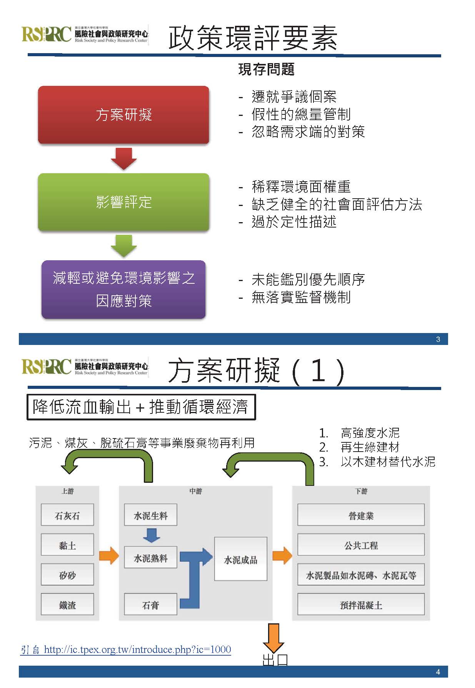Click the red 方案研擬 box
tap(123, 115)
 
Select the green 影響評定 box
tap(123, 202)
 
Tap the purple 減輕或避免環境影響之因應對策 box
tap(123, 290)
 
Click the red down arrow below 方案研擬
tap(123, 158)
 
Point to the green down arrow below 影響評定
tap(123, 245)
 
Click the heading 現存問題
tap(266, 69)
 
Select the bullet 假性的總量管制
tap(301, 114)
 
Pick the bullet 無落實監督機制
tap(301, 297)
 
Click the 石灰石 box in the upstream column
tap(67, 515)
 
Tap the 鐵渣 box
tap(67, 604)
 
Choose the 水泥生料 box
tap(150, 515)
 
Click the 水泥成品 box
tap(240, 559)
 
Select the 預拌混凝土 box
tap(361, 604)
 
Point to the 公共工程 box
tap(361, 545)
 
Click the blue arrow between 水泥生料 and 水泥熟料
tap(151, 535)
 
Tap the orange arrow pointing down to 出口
tap(273, 638)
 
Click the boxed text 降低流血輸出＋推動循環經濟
tap(141, 407)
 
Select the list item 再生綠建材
tap(370, 447)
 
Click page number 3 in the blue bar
tap(438, 339)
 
